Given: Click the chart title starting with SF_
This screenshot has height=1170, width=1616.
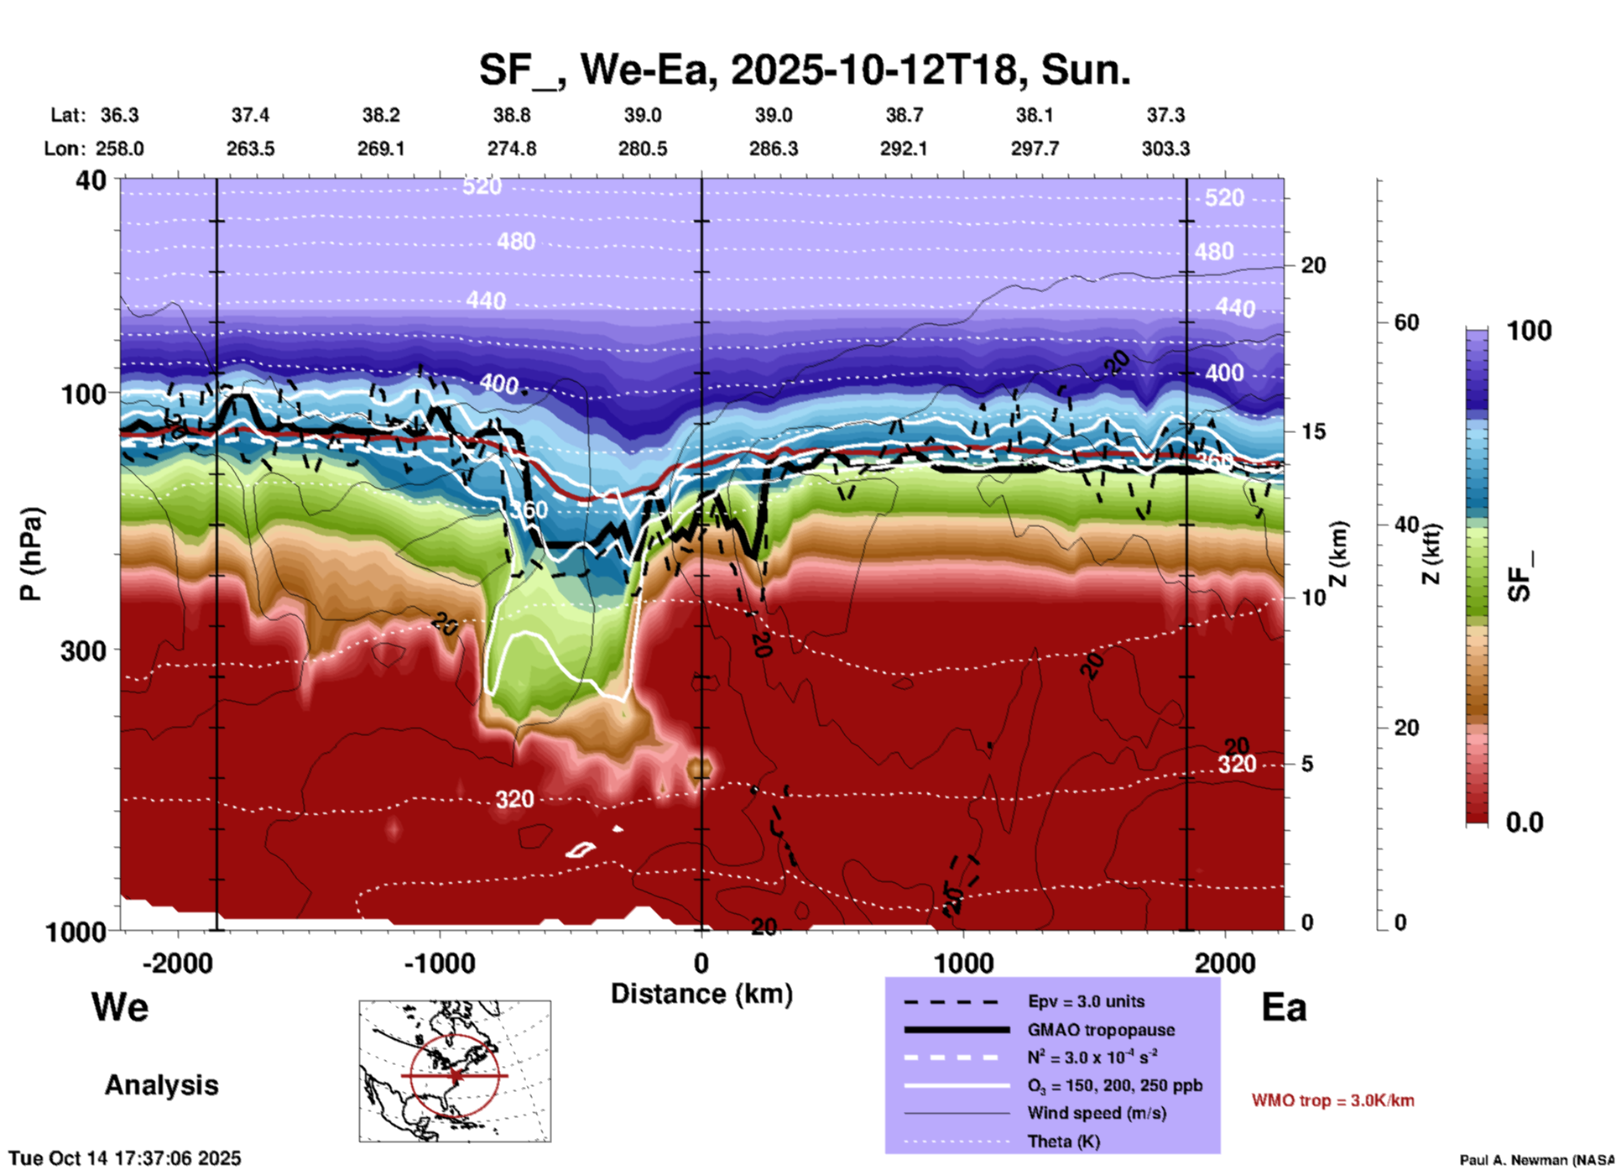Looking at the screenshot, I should [x=805, y=70].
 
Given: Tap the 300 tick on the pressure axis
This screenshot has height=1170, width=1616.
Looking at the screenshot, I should [x=84, y=650].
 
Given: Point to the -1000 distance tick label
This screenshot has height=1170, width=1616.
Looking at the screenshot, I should [x=439, y=964].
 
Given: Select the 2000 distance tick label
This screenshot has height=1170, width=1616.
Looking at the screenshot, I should [x=1225, y=964].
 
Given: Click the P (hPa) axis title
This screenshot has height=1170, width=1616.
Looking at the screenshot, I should [x=31, y=554].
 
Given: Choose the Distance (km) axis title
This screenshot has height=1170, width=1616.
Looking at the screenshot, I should [x=701, y=994].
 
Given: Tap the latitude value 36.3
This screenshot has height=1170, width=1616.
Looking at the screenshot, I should [x=119, y=115].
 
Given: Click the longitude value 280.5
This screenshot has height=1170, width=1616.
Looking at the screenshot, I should [x=643, y=149].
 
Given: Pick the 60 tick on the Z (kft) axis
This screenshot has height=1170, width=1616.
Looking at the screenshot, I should [x=1406, y=322].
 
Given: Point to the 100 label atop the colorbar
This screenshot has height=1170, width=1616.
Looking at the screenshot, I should [x=1529, y=331].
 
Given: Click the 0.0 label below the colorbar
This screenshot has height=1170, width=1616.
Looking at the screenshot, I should [x=1525, y=822].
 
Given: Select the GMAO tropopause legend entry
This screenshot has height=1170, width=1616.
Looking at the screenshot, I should [x=1100, y=1030].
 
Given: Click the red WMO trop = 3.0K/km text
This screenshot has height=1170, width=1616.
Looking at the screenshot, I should [x=1332, y=1100].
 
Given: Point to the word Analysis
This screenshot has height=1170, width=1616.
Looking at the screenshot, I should [x=161, y=1085].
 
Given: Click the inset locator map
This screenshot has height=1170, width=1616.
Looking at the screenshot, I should [x=455, y=1071].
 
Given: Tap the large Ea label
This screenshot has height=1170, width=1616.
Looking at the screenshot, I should [x=1284, y=1007].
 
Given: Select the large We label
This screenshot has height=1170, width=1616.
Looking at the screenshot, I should [x=120, y=1007].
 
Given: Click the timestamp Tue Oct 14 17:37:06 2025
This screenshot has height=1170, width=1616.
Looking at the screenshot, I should [x=125, y=1158].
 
